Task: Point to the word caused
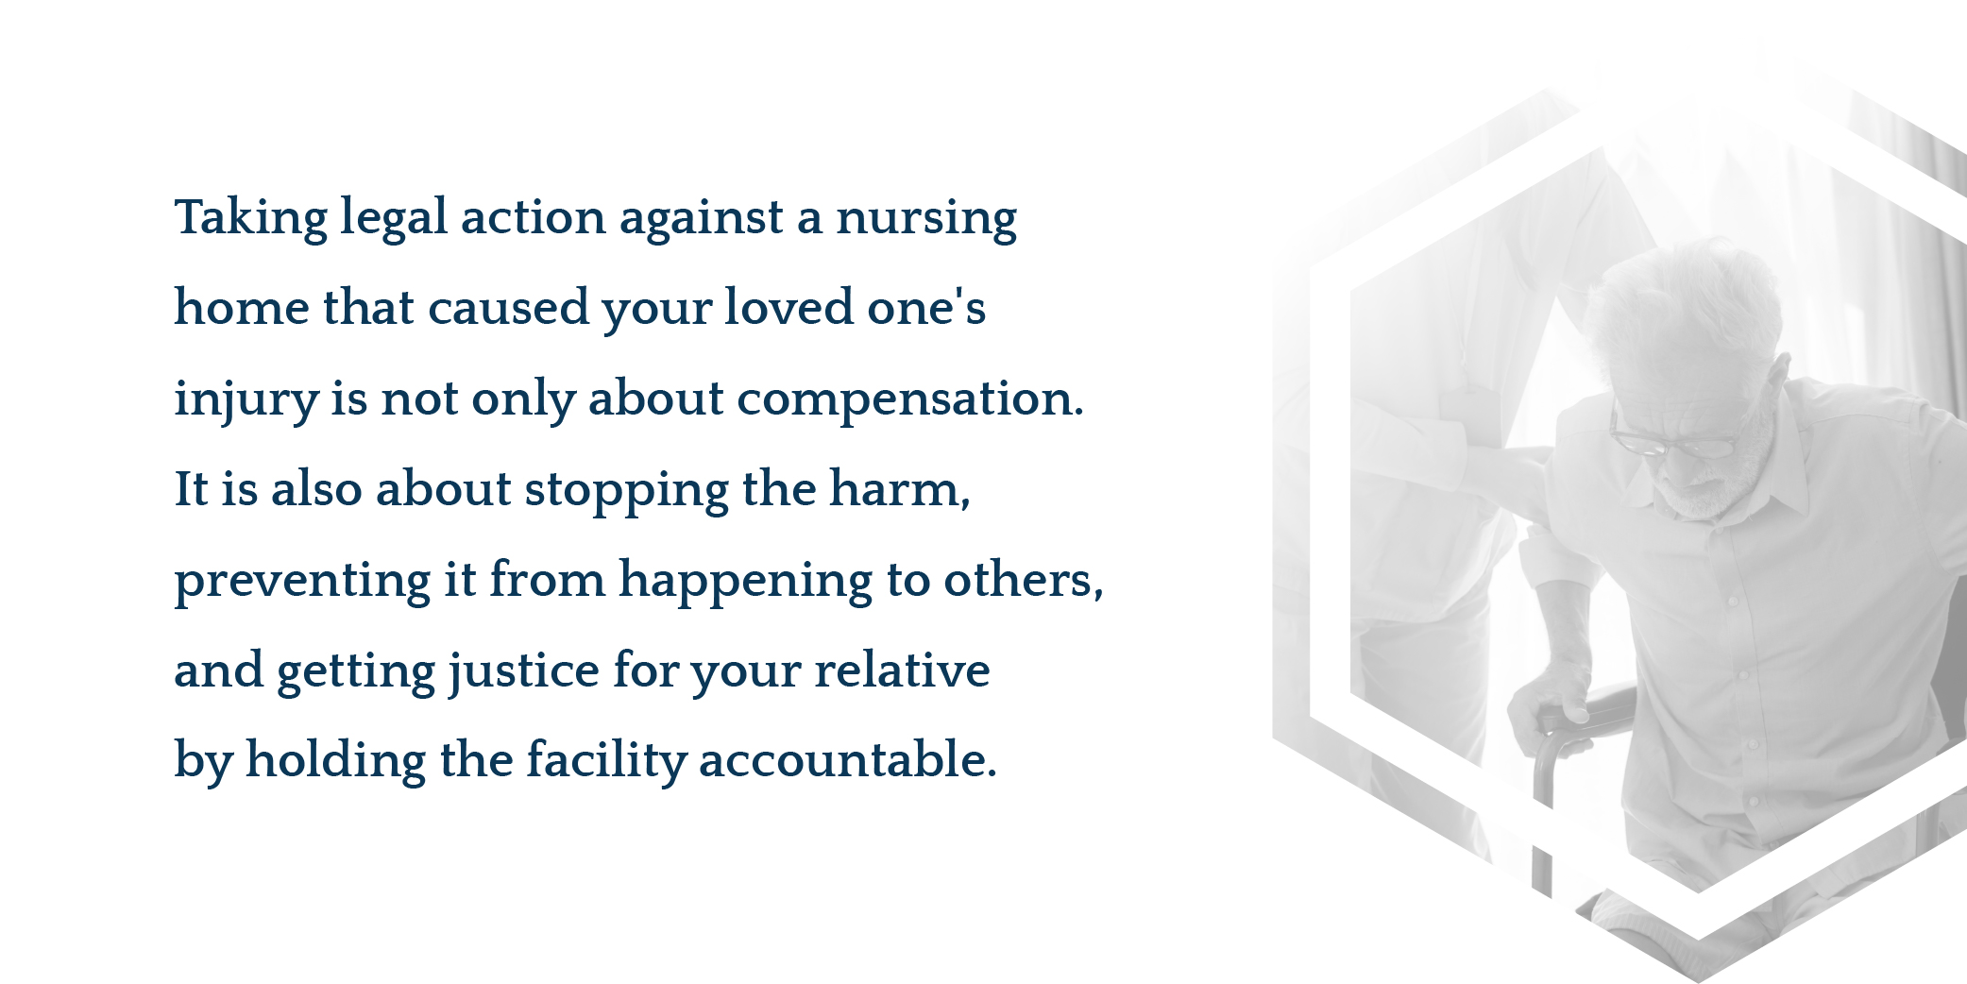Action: [x=508, y=308]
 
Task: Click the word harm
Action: [x=900, y=489]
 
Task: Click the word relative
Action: [x=902, y=670]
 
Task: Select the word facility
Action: [x=606, y=761]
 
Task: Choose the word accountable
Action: [x=847, y=761]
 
